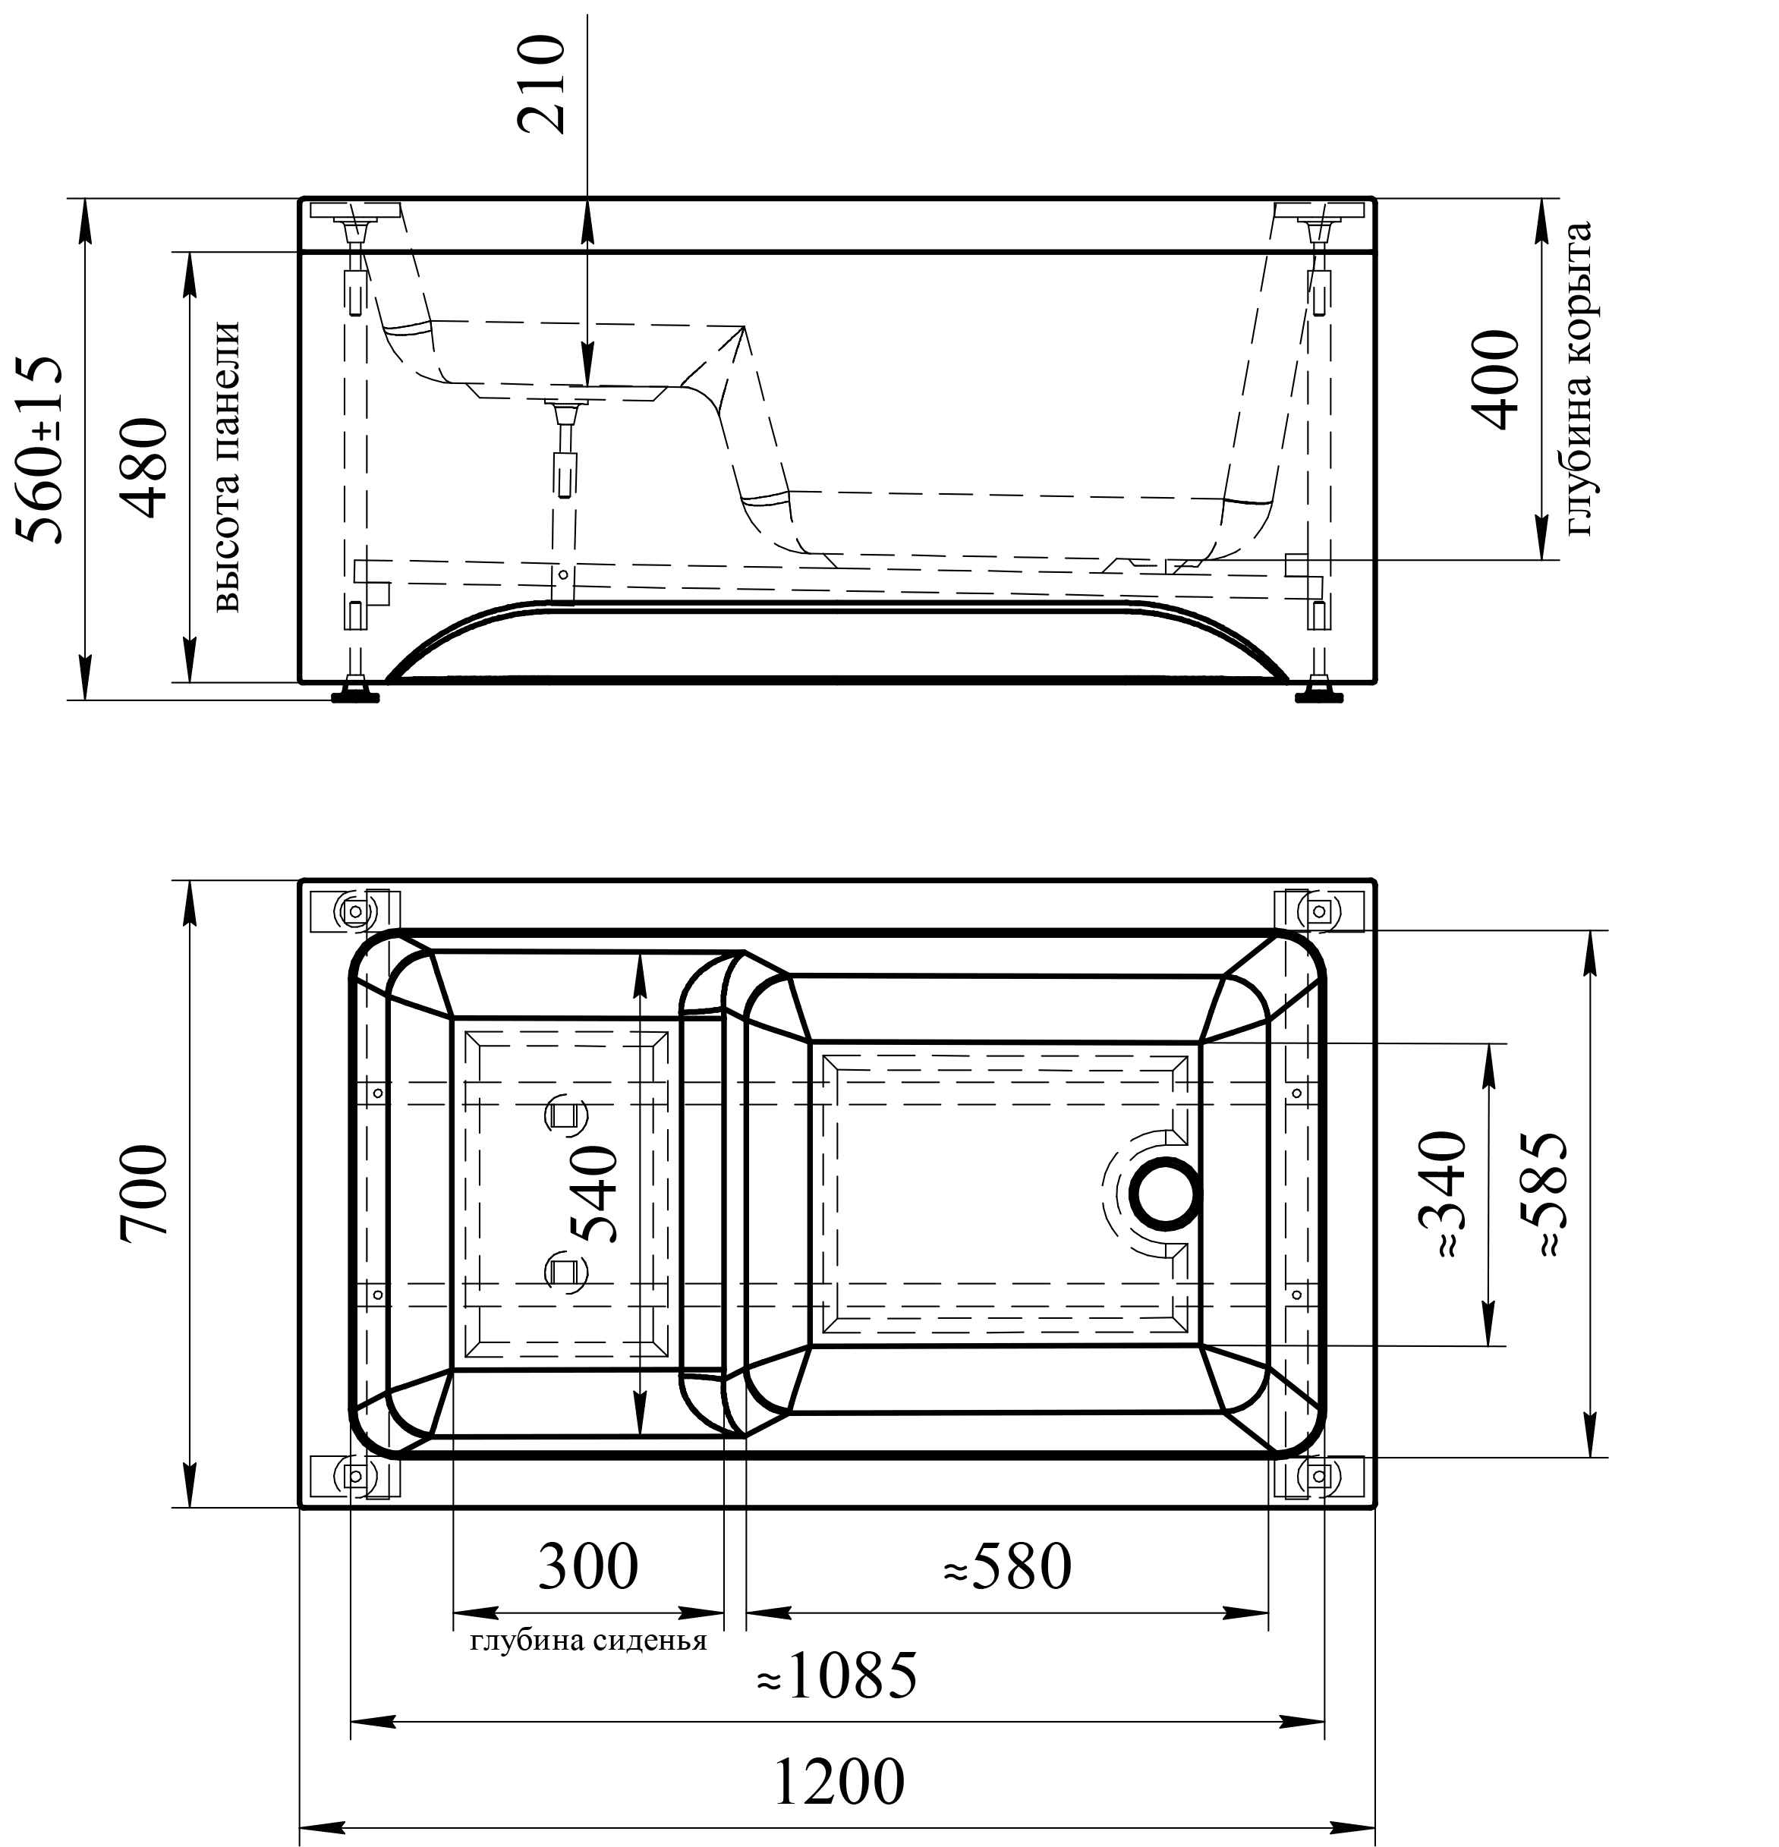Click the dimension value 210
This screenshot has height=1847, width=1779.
click(542, 84)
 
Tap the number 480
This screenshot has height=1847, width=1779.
click(144, 467)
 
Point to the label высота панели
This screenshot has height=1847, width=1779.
click(223, 467)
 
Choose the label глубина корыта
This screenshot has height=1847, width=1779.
click(1583, 379)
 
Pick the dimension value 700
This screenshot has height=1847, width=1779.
click(144, 1193)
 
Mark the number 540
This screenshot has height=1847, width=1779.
click(594, 1193)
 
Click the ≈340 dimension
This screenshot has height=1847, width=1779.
click(1443, 1193)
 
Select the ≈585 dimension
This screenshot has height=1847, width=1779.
click(1544, 1193)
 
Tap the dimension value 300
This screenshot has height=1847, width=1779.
click(588, 1567)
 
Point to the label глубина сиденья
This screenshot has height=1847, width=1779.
click(588, 1641)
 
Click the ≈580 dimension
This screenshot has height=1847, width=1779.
click(1006, 1567)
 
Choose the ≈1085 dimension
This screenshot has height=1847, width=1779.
click(836, 1676)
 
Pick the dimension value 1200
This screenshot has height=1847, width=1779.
click(836, 1782)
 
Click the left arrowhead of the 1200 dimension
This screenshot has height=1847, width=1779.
click(325, 1829)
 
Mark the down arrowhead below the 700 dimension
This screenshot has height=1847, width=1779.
click(190, 1480)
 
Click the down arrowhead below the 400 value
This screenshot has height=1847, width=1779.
click(1541, 533)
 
